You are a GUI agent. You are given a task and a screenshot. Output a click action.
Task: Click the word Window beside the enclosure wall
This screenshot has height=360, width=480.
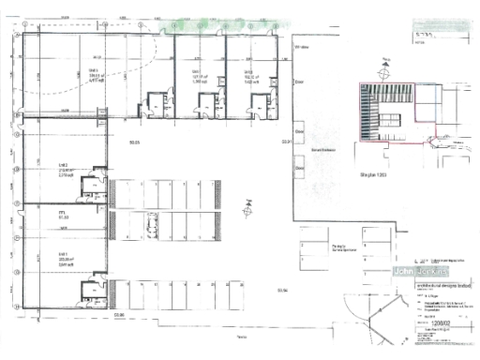click(302, 46)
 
